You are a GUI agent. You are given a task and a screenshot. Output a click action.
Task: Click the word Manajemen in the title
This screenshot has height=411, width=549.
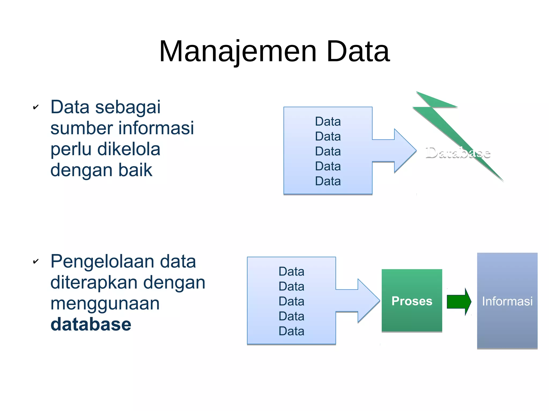(238, 51)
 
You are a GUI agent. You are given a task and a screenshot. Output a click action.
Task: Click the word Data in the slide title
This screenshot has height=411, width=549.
(358, 51)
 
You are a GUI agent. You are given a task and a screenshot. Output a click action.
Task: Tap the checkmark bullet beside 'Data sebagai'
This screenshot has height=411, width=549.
(36, 107)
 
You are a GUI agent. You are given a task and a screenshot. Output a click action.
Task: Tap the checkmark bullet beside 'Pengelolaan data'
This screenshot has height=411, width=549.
(36, 261)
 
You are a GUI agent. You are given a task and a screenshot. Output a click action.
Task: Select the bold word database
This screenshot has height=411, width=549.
(91, 324)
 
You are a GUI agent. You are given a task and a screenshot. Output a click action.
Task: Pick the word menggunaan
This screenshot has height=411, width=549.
(105, 303)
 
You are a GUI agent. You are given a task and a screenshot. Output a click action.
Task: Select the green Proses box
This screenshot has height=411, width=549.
(412, 301)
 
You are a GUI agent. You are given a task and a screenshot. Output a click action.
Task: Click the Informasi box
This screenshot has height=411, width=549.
(507, 301)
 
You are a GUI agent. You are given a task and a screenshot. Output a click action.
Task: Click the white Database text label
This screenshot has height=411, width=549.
(458, 153)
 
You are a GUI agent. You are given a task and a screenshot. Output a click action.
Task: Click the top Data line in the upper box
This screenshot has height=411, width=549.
(328, 122)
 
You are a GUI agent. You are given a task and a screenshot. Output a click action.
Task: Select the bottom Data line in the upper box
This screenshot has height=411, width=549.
(328, 181)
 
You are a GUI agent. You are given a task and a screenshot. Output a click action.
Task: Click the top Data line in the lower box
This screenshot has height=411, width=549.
(291, 272)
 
